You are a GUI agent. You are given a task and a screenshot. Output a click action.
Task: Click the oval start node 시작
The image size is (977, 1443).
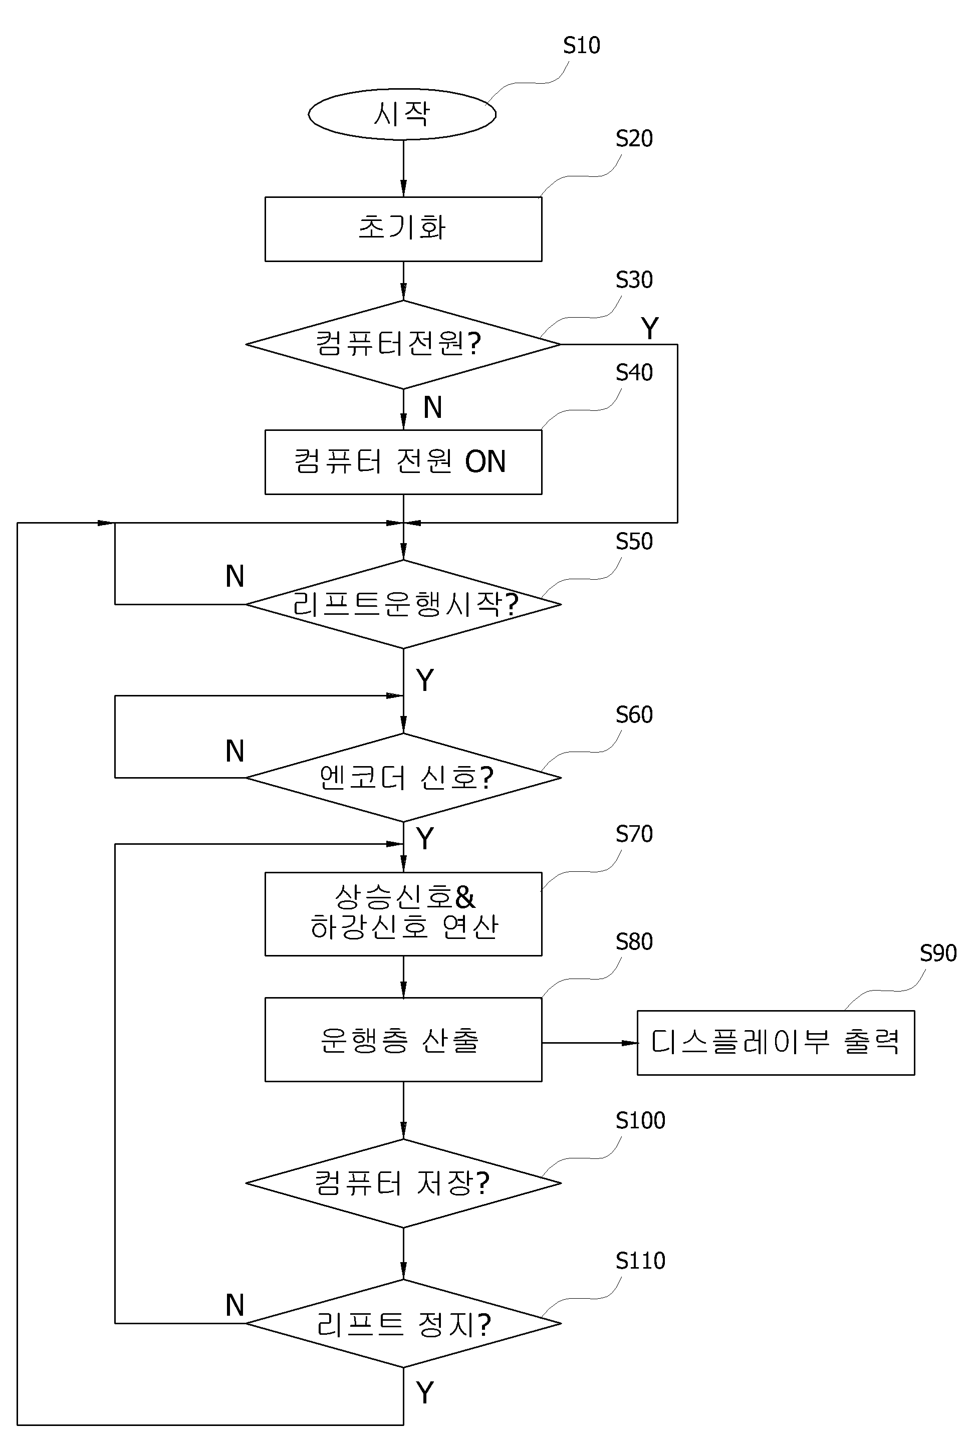coord(402,114)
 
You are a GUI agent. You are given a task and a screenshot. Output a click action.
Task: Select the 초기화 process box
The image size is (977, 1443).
coord(403,229)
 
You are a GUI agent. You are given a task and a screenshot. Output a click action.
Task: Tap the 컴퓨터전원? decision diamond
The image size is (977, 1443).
coord(403,345)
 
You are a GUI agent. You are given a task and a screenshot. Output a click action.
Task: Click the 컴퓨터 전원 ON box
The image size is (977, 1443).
coord(403,462)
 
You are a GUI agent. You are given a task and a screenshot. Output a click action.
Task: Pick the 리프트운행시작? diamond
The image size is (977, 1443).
coord(403,604)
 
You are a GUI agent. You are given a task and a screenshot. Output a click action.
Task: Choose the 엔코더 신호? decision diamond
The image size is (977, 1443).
coord(403,778)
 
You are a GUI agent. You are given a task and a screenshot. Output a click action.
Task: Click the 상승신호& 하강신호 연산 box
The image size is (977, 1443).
coord(403,914)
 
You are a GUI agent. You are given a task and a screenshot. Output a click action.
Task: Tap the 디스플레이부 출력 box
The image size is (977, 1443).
coord(776,1043)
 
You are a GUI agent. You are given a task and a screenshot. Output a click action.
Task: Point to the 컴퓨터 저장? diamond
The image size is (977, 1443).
coord(403,1183)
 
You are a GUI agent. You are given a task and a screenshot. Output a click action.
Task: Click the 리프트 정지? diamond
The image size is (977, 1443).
coord(403,1323)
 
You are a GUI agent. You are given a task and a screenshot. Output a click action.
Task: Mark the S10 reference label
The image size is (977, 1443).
coord(582,45)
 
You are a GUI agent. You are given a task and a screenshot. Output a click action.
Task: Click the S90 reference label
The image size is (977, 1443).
coord(938,953)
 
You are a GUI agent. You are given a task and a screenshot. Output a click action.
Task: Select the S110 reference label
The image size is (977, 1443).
coord(640,1261)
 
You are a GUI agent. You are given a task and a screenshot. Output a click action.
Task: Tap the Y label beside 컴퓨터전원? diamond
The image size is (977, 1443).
coord(650,329)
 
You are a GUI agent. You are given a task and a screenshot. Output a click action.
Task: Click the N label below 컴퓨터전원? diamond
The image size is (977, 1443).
coord(433,407)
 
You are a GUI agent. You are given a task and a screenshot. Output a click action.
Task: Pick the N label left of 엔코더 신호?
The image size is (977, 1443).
coord(234,751)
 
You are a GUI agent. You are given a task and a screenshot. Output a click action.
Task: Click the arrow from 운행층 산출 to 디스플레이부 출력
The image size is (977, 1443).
coord(590,1043)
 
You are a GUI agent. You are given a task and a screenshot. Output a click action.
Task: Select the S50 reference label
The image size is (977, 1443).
coord(634,542)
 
